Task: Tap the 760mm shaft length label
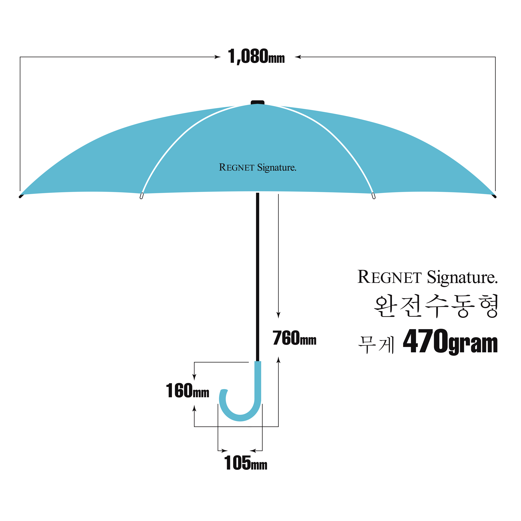click(294, 338)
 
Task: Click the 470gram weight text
click(450, 341)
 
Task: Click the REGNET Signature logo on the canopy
click(258, 168)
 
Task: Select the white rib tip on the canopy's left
click(142, 196)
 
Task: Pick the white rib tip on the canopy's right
click(373, 196)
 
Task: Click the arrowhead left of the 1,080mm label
click(218, 57)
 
